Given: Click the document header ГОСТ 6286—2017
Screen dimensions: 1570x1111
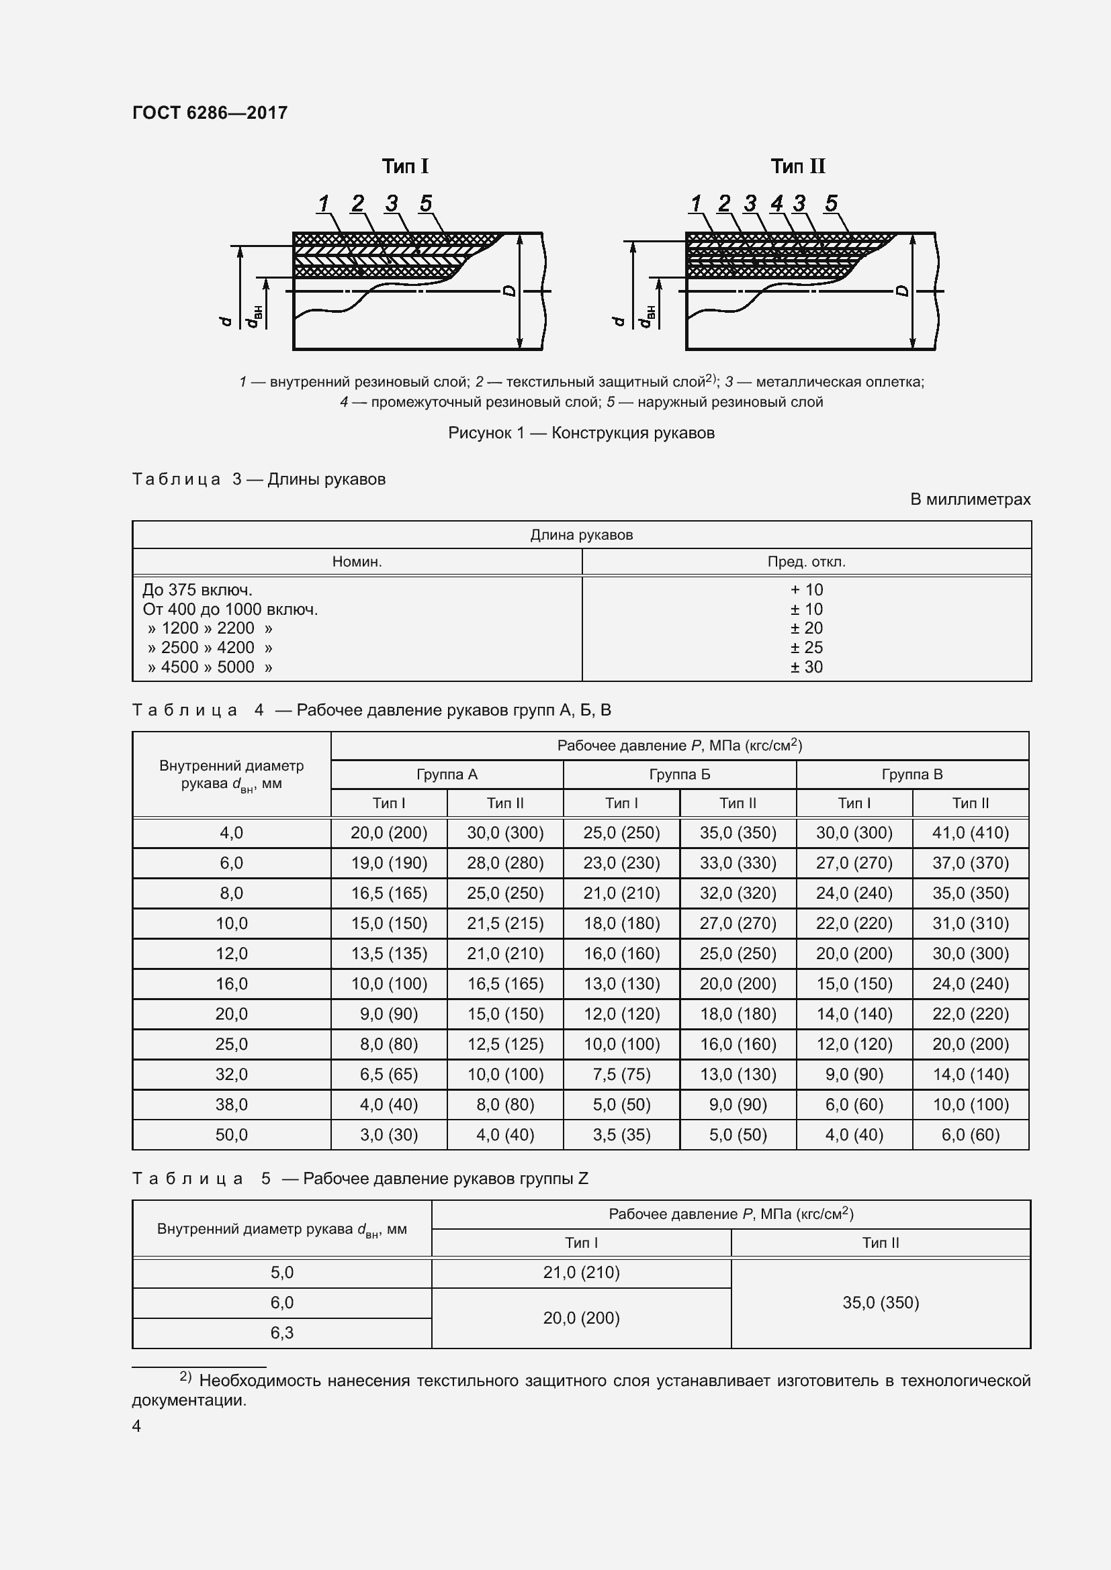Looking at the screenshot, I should coord(210,113).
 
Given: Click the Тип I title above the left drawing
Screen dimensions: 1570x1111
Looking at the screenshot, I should coord(405,166).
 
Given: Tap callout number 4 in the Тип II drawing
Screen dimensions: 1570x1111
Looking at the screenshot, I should coord(776,203).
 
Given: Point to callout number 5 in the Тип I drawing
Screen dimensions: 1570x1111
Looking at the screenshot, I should coord(425,203).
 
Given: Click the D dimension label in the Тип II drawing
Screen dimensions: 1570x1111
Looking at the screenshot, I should coord(902,291).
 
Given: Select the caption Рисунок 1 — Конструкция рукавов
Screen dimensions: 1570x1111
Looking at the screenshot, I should coord(581,433).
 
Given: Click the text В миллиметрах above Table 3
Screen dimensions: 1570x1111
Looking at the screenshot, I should coord(969,499).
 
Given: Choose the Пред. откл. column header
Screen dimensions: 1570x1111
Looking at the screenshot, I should coord(806,562).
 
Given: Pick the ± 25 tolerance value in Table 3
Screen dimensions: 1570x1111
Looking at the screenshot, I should coord(806,648).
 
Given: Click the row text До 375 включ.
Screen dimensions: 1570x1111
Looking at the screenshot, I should coord(197,589).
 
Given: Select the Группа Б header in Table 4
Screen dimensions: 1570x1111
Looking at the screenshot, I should coord(679,775).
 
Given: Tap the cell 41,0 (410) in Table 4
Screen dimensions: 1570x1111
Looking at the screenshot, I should coord(970,833).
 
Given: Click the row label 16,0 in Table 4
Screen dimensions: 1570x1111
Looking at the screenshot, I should coord(231,984).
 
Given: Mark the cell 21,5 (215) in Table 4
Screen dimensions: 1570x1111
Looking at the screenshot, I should coord(505,924).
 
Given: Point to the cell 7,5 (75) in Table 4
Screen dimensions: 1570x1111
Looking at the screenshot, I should coord(621,1074).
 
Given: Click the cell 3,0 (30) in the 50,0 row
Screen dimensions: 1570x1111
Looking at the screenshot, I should coord(388,1135).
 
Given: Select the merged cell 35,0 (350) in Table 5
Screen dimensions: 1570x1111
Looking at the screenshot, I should coord(881,1303).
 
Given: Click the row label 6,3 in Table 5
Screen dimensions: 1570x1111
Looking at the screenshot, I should coord(282,1333).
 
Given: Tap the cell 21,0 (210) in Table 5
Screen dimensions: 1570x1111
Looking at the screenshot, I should coord(581,1273).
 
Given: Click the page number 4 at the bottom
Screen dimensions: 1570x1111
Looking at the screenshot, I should coord(136,1426).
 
